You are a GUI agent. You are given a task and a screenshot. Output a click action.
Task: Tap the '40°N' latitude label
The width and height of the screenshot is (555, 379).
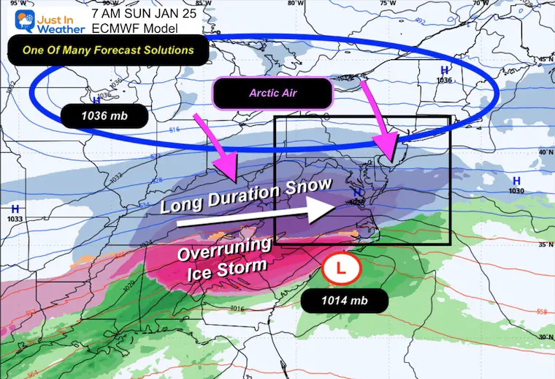click(x=543, y=152)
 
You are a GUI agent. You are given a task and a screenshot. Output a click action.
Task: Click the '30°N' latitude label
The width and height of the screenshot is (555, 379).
click(x=543, y=337)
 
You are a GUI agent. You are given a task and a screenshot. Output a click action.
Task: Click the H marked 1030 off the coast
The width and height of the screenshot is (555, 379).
click(x=516, y=181)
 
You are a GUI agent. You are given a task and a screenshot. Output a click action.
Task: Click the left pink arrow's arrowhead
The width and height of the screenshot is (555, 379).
click(x=233, y=173)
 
